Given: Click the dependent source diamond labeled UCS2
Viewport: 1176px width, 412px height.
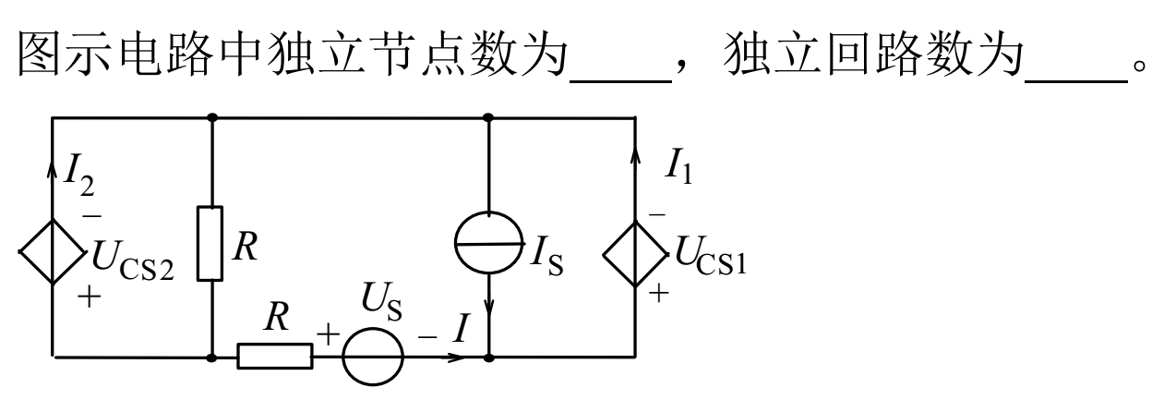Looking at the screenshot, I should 53,248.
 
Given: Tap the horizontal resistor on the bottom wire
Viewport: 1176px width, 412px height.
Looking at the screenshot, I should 275,356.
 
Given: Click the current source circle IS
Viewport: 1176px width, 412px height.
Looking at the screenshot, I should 488,247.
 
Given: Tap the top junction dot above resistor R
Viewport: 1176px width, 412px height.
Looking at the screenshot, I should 212,117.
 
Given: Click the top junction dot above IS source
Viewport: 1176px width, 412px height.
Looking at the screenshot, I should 488,117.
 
